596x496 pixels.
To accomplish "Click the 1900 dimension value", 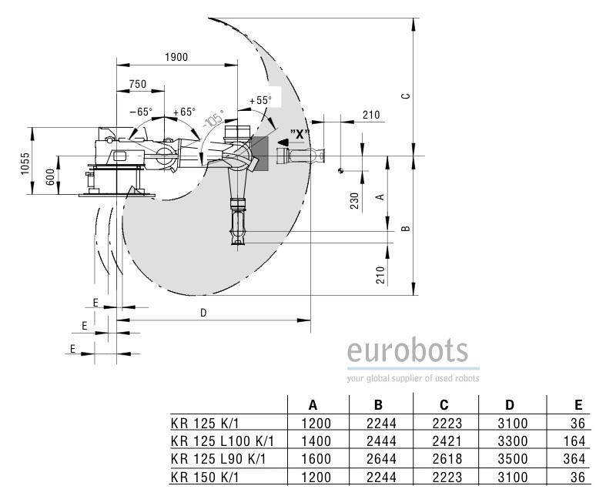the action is tap(176, 57).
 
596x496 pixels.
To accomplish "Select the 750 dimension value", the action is tap(138, 84).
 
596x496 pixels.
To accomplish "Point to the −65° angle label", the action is tap(141, 112).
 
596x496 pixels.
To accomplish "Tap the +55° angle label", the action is tap(260, 100).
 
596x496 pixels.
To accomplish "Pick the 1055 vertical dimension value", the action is tap(25, 163).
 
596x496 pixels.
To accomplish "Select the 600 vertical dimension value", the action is tap(50, 177).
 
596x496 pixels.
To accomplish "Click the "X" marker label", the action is tap(300, 134).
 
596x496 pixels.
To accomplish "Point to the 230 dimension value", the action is tap(354, 201).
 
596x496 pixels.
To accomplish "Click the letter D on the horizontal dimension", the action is tap(203, 313).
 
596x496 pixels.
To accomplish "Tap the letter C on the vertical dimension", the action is tap(406, 96).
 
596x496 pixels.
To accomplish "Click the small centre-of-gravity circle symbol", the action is tap(340, 170).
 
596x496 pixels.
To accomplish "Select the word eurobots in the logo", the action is tap(407, 350).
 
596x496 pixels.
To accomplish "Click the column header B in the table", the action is tap(378, 405).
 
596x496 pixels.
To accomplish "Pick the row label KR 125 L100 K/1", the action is tap(223, 441).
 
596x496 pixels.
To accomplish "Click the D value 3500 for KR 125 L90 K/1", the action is tap(512, 459).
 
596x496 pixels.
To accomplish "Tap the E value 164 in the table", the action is tap(574, 441).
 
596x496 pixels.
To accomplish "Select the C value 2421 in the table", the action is tap(447, 441).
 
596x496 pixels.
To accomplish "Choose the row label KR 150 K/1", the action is tap(206, 477).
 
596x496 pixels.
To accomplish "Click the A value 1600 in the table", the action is tap(316, 459).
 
